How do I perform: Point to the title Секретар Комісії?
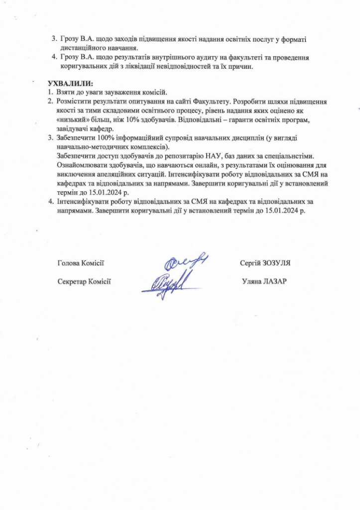84,281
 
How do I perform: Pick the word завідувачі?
71,129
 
